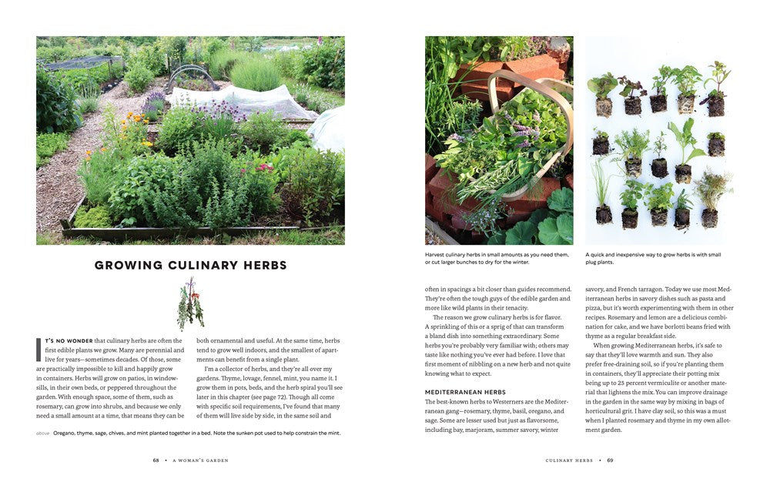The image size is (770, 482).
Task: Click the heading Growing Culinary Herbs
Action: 190,266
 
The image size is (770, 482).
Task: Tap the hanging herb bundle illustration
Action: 189,303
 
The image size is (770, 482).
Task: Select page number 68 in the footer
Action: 156,460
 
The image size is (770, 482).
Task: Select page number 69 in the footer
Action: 610,460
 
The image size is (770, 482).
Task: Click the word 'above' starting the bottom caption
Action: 43,433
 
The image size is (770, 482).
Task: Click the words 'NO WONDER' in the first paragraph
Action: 74,340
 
